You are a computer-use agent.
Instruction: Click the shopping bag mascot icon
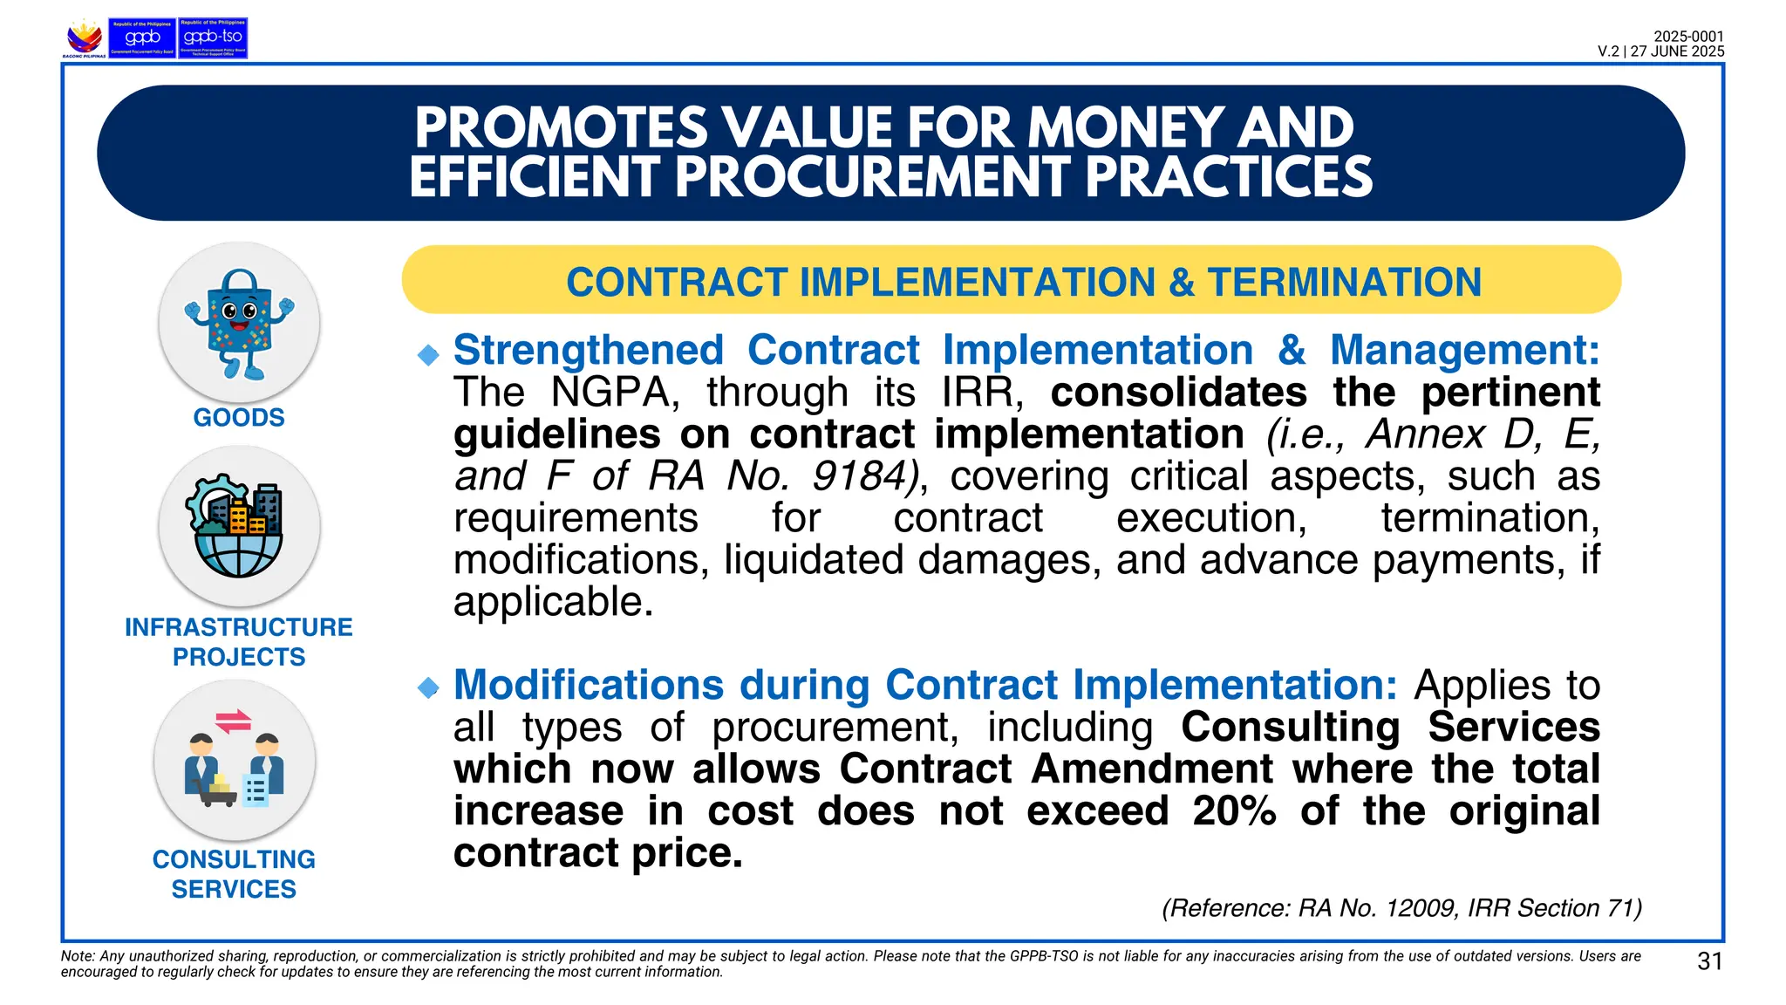click(239, 324)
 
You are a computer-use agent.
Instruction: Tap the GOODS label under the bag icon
click(239, 418)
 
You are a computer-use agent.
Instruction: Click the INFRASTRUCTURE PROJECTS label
click(239, 642)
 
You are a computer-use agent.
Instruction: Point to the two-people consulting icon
click(235, 760)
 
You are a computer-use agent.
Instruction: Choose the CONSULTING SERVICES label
click(234, 874)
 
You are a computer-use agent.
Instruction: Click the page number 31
click(1710, 961)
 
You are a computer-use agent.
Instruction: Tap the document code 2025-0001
click(1688, 37)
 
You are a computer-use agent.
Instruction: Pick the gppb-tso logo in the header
click(213, 38)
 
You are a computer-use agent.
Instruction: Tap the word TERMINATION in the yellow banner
click(1344, 283)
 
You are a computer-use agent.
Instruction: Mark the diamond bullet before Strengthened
click(428, 354)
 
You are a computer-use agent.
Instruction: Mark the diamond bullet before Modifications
click(428, 688)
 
